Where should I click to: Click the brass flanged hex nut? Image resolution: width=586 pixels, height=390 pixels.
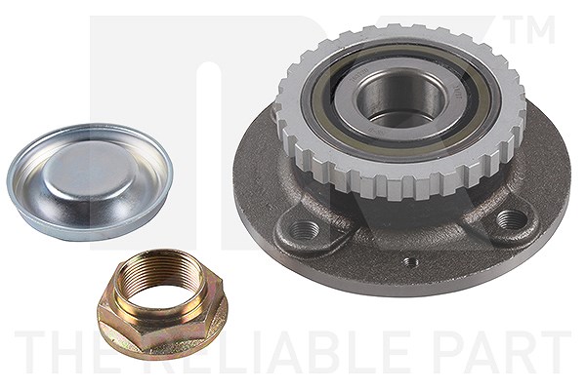coord(162,304)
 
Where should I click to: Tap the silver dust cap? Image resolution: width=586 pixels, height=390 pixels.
coord(90,181)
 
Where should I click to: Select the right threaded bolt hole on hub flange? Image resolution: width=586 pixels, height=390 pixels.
coord(509,218)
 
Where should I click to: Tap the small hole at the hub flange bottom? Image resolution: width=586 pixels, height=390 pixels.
coord(410,262)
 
